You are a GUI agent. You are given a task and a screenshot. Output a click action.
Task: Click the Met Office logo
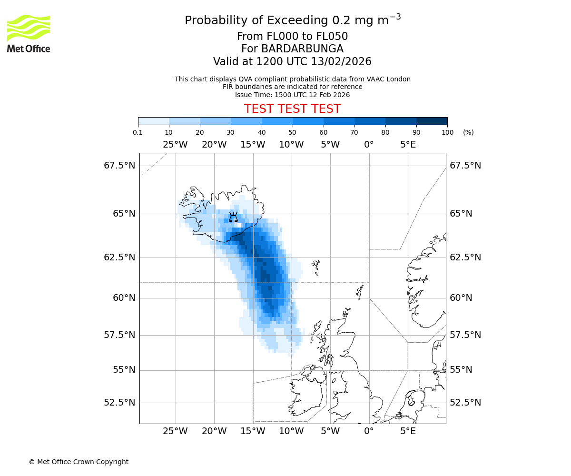coord(29,33)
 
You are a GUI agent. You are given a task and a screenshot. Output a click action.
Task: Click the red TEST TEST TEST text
coord(292,109)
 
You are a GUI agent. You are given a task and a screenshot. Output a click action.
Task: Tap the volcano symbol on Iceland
coord(233,217)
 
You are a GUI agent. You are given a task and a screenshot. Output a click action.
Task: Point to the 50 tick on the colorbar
coord(293,132)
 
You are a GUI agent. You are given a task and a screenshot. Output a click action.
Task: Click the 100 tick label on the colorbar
coord(447,132)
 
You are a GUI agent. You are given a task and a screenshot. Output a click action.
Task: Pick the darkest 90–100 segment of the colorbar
coord(432,121)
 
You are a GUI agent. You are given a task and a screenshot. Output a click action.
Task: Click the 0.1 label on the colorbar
coord(138,132)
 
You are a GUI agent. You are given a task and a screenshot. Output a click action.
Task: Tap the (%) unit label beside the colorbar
coord(468,132)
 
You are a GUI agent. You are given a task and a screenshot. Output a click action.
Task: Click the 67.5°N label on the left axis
coord(119,166)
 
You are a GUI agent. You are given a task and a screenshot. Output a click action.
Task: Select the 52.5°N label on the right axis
coord(465,403)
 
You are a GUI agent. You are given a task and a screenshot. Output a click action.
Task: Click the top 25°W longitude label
coord(175,145)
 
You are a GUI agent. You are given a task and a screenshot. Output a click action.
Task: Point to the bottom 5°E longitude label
coord(408,432)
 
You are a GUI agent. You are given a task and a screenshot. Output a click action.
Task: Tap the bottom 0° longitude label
coord(369,432)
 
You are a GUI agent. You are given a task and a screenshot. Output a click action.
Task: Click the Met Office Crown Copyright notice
coord(79,462)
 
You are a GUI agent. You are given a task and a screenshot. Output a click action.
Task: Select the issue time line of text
coord(292,95)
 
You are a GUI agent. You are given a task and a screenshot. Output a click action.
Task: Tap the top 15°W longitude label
coord(253,145)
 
